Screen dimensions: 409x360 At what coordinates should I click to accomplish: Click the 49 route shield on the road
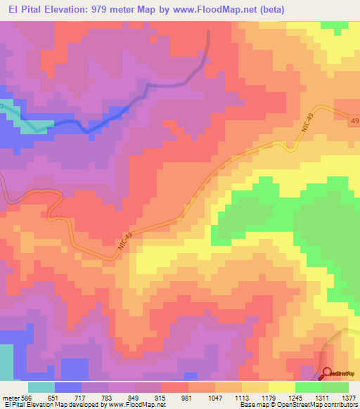tap(352, 122)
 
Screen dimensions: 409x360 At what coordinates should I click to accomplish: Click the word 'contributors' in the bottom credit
tap(338, 405)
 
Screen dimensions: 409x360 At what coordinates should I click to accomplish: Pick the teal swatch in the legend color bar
tap(41, 387)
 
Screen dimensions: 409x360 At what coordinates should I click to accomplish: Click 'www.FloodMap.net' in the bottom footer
tap(135, 405)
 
